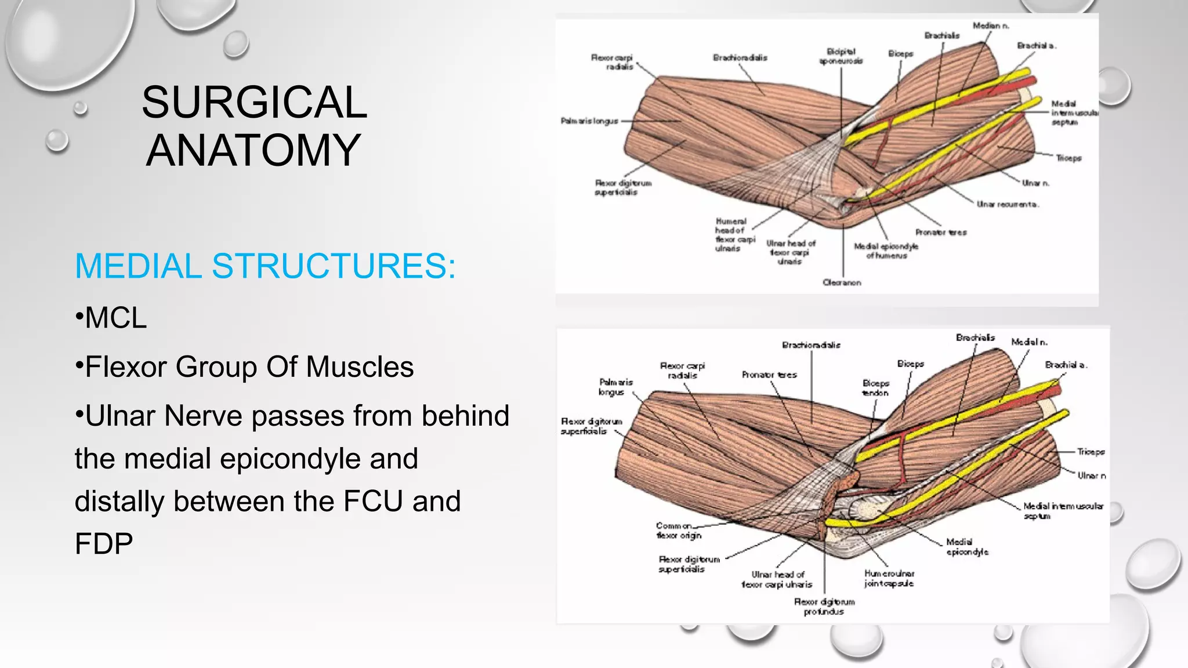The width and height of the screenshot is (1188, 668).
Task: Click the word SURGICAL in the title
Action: [x=254, y=103]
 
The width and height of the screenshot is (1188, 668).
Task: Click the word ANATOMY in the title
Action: [x=253, y=151]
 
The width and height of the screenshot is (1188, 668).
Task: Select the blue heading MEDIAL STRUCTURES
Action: [x=265, y=266]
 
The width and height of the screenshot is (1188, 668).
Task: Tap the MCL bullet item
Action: [x=115, y=318]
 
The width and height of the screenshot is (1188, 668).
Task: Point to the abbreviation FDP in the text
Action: [x=104, y=544]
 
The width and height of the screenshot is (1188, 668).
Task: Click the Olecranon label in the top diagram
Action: [x=842, y=282]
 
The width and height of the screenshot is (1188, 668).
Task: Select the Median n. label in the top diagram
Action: [x=991, y=26]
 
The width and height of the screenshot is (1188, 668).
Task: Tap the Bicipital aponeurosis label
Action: [x=841, y=56]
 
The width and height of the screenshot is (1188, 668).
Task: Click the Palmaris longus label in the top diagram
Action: [x=589, y=121]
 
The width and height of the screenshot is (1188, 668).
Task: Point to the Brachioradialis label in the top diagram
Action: [x=740, y=57]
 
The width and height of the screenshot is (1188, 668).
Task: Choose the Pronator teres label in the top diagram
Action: [x=940, y=232]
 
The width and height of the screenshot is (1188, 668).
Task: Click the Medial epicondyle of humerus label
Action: [x=886, y=251]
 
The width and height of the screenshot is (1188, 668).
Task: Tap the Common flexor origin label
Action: [x=678, y=531]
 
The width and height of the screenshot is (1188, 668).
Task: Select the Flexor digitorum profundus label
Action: [x=824, y=607]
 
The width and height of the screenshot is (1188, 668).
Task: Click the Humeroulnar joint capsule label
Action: [x=889, y=578]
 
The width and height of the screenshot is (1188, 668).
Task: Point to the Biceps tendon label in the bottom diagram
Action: [x=875, y=388]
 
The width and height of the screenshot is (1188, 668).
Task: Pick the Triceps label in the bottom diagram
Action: [x=1091, y=452]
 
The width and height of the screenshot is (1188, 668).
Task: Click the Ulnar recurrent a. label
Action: [x=1007, y=204]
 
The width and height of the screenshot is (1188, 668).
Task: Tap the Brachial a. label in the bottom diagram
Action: [x=1066, y=365]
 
